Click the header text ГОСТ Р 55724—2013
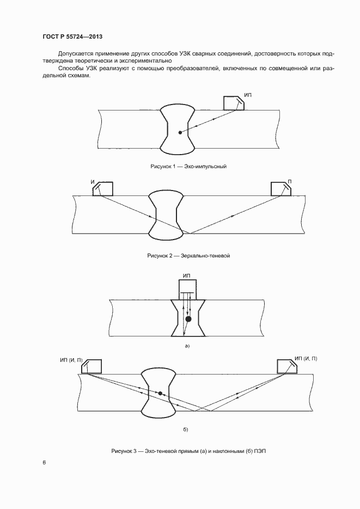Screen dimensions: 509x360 72,37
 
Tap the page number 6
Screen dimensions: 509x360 44,463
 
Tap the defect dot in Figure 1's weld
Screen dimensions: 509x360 180,132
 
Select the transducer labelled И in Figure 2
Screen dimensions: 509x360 103,188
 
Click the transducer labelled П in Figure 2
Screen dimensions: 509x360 282,188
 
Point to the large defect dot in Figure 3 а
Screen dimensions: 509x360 188,319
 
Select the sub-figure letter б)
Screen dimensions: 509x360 185,430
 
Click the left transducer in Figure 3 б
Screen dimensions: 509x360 93,366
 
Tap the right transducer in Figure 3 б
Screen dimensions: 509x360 286,366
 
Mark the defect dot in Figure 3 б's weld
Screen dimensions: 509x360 160,393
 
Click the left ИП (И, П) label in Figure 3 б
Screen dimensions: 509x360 71,360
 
